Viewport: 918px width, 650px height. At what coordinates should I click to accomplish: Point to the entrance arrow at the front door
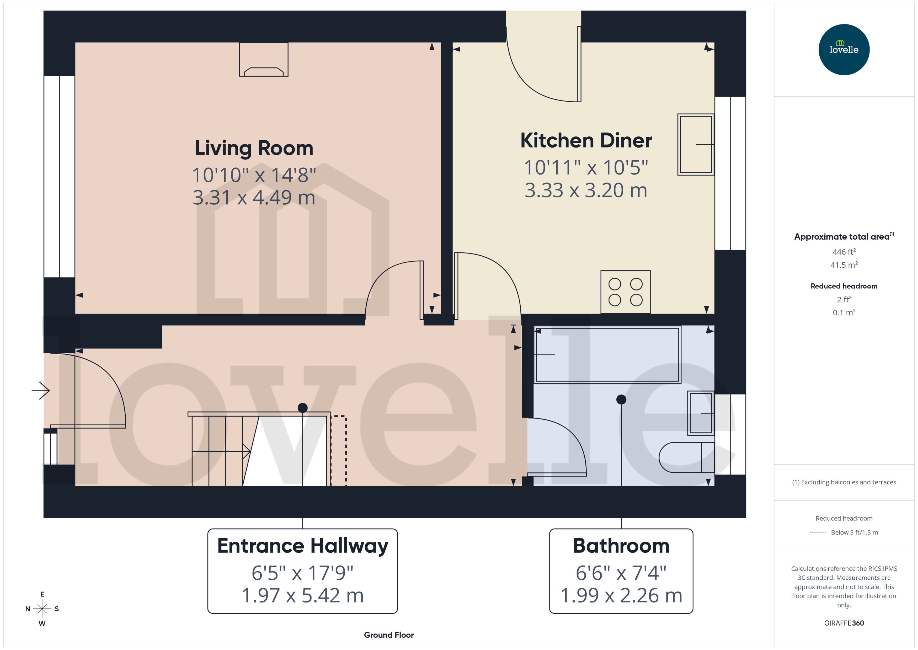tap(41, 390)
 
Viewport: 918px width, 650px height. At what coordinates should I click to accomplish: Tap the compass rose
tap(42, 609)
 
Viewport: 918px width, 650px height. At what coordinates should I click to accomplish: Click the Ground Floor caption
tap(388, 635)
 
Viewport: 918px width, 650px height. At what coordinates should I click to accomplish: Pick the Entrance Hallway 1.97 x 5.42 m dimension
tap(302, 595)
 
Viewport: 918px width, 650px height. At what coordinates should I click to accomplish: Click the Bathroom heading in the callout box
tap(621, 546)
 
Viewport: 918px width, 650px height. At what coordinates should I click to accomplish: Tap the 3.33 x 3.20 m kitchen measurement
tap(586, 190)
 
